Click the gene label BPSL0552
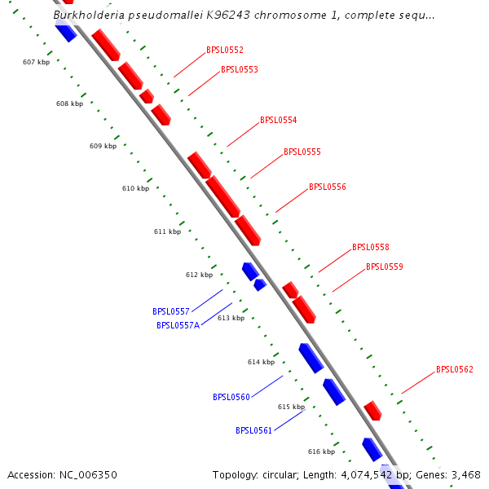[224, 50]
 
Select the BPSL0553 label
[239, 69]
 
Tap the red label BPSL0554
[278, 120]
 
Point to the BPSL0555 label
[302, 152]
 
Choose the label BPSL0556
[327, 187]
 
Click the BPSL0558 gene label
[370, 247]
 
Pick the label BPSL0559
[384, 267]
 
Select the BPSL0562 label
[454, 369]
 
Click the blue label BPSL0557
[170, 311]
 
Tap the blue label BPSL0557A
[178, 325]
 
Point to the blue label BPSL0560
[231, 397]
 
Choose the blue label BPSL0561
[253, 430]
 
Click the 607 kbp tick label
[35, 62]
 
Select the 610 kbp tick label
[135, 188]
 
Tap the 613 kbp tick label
[231, 318]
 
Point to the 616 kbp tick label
[321, 452]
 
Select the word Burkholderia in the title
[89, 15]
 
